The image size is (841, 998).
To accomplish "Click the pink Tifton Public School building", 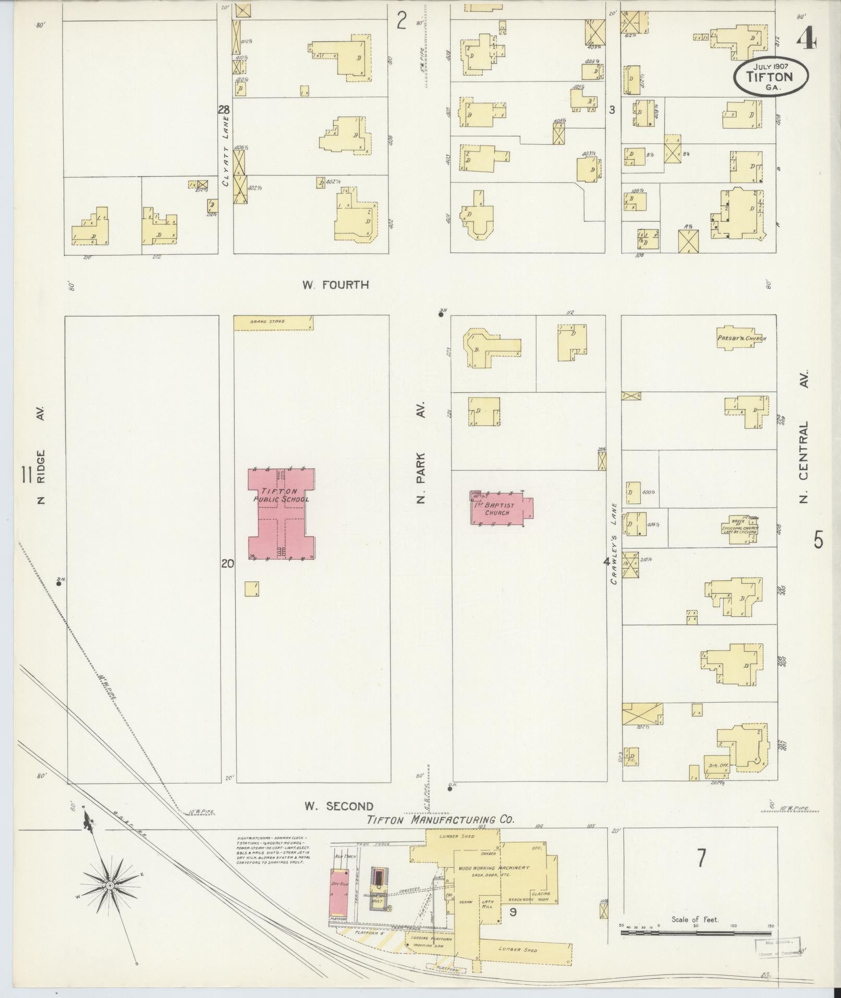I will pyautogui.click(x=282, y=514).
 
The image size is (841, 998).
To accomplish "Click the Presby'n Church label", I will pyautogui.click(x=741, y=339).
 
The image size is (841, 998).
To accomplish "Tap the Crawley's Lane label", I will pyautogui.click(x=614, y=544).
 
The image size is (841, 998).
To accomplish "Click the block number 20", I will pyautogui.click(x=227, y=563).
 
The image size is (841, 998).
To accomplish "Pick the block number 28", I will pyautogui.click(x=224, y=110).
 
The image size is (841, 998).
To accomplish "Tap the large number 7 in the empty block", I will pyautogui.click(x=702, y=858).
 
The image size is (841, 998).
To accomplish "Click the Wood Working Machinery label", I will pyautogui.click(x=493, y=868).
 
